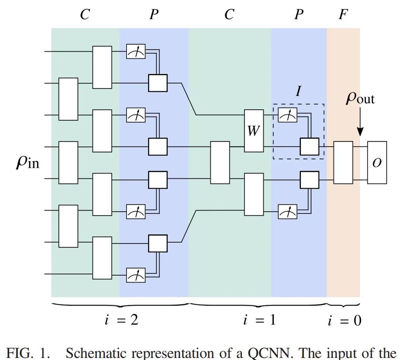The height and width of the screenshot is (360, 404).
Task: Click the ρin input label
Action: click(27, 162)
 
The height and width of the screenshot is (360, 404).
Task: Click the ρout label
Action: click(360, 97)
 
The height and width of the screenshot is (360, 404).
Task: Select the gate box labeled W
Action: click(254, 131)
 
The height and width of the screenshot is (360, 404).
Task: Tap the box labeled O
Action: click(377, 162)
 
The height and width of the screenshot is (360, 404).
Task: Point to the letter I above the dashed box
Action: click(299, 91)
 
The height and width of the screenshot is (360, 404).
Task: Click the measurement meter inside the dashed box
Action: click(287, 115)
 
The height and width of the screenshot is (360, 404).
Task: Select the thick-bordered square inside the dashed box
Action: click(310, 147)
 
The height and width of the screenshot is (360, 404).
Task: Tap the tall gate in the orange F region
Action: click(343, 162)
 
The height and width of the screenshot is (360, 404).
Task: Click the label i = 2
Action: click(121, 320)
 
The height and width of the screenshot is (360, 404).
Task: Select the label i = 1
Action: click(259, 320)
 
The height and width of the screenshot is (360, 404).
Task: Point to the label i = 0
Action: click(344, 321)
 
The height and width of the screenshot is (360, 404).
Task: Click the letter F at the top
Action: click(343, 15)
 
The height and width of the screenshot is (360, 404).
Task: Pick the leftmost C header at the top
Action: click(85, 15)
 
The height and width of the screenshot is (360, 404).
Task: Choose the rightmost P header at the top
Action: click(299, 15)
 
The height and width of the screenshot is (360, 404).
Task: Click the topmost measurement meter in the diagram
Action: click(136, 51)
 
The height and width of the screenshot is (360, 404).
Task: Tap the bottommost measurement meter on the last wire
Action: click(136, 275)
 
